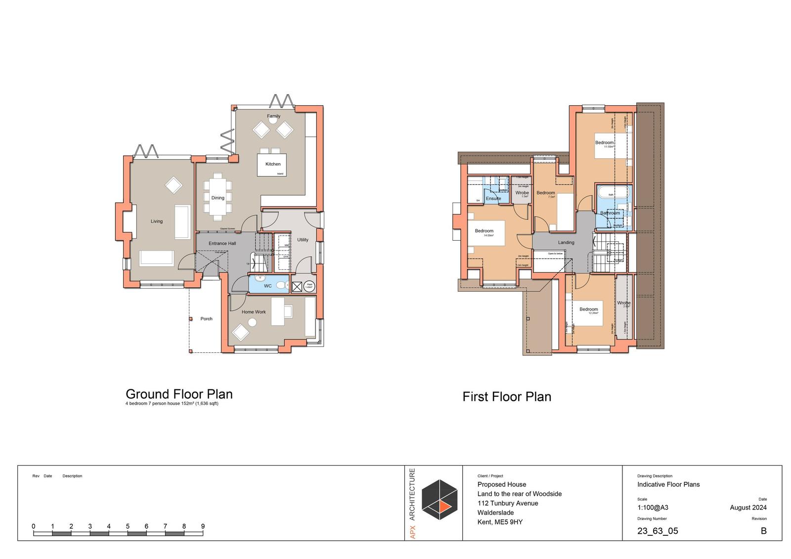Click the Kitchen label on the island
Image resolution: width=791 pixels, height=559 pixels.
[x=273, y=164]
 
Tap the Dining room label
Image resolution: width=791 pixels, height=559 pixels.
[x=218, y=198]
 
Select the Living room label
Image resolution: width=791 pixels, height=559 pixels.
[x=157, y=221]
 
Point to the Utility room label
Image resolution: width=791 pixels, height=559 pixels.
[x=303, y=240]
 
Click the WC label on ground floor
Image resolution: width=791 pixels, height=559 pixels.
[x=267, y=286]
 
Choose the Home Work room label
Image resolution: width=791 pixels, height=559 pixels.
[x=254, y=312]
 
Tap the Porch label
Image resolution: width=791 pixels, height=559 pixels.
[x=206, y=319]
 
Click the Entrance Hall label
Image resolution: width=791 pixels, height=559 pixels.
[x=222, y=243]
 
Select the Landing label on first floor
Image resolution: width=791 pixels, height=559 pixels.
[x=566, y=243]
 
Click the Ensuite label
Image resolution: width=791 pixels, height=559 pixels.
[x=493, y=199]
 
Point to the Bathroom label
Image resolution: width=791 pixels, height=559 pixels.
[x=610, y=213]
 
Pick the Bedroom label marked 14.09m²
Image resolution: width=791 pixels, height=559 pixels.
[x=484, y=231]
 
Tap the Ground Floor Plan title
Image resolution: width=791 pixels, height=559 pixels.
[x=179, y=394]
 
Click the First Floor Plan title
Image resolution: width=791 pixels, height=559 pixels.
[x=507, y=397]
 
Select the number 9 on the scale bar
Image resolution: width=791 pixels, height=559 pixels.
[x=203, y=526]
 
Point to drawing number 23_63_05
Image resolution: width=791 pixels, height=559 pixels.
[x=658, y=531]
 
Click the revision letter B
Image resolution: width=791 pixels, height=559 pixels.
[x=763, y=531]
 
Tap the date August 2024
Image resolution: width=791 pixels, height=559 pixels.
[x=748, y=508]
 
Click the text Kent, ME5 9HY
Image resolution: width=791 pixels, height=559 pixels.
[x=500, y=522]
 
